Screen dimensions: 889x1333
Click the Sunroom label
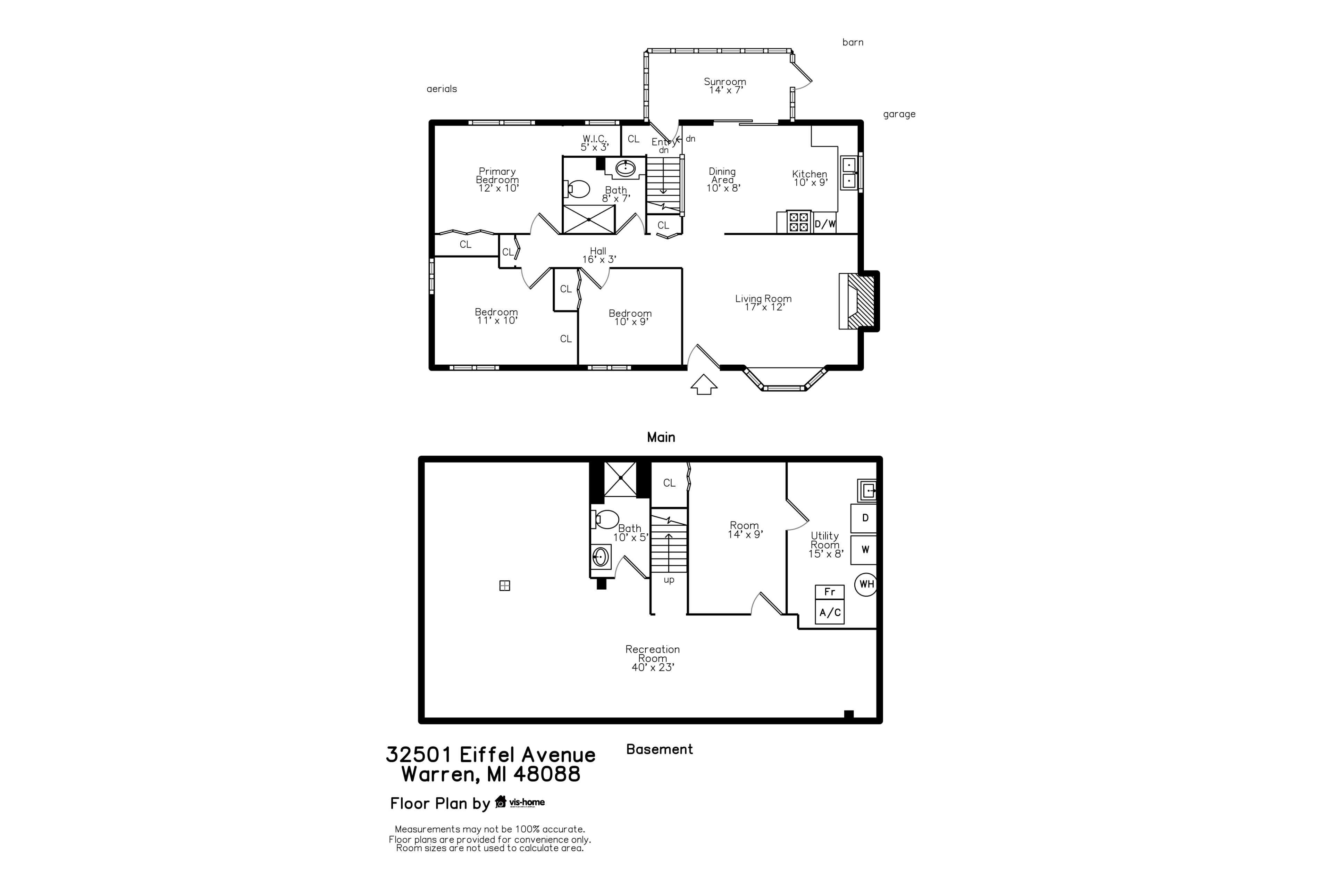725,86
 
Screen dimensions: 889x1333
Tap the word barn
853,42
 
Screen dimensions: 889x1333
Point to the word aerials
442,89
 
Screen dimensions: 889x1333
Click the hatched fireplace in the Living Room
860,302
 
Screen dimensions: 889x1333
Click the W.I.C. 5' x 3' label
595,143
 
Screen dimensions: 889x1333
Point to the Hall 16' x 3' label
598,255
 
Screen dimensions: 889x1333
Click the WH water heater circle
866,584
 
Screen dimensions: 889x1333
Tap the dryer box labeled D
865,518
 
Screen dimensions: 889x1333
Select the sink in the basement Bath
601,557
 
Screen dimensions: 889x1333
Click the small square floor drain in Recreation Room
504,586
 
